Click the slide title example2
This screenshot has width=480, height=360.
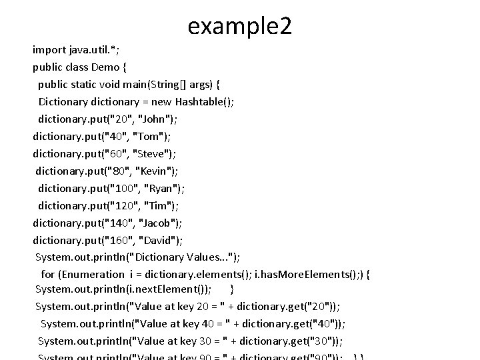point(240,26)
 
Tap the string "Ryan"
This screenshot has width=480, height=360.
point(162,189)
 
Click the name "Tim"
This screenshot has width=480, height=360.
point(159,206)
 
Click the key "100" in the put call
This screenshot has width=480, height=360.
point(122,189)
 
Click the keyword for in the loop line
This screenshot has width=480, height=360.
point(48,274)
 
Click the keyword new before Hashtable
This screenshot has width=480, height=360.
point(160,102)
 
